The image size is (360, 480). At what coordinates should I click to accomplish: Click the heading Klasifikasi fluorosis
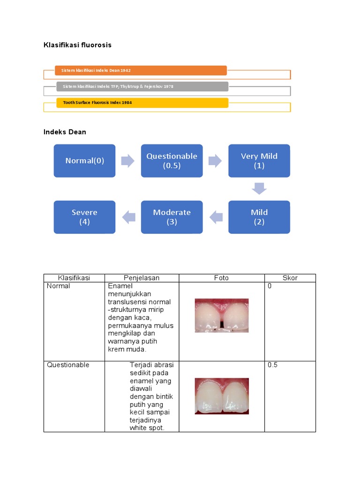click(77, 45)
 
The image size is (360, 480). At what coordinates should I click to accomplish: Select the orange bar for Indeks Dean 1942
click(141, 70)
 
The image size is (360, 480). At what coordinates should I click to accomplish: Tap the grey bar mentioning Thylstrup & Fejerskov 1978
click(142, 87)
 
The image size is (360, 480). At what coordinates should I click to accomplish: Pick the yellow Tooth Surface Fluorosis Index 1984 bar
click(142, 103)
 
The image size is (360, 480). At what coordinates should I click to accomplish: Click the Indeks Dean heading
click(65, 132)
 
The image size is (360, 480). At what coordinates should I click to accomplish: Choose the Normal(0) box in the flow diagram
click(84, 161)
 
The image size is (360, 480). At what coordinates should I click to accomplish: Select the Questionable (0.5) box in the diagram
click(172, 161)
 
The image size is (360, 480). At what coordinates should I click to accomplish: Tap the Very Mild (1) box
click(259, 161)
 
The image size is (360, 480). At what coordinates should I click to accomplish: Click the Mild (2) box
click(259, 217)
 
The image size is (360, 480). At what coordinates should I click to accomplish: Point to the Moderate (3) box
click(172, 217)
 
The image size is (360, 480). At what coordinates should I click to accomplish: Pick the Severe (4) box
click(84, 217)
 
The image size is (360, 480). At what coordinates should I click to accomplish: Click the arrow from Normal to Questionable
click(128, 161)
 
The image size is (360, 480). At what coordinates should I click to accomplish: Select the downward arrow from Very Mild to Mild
click(259, 188)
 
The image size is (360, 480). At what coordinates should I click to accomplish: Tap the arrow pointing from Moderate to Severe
click(128, 217)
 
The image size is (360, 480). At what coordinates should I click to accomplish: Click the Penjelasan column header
click(142, 278)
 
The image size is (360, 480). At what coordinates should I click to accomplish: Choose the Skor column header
click(290, 278)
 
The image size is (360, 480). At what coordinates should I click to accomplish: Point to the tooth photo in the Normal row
click(222, 315)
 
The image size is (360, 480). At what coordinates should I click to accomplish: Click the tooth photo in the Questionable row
click(222, 396)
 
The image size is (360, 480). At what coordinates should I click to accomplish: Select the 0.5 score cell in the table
click(272, 365)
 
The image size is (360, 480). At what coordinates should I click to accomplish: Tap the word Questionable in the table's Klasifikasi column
click(68, 365)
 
